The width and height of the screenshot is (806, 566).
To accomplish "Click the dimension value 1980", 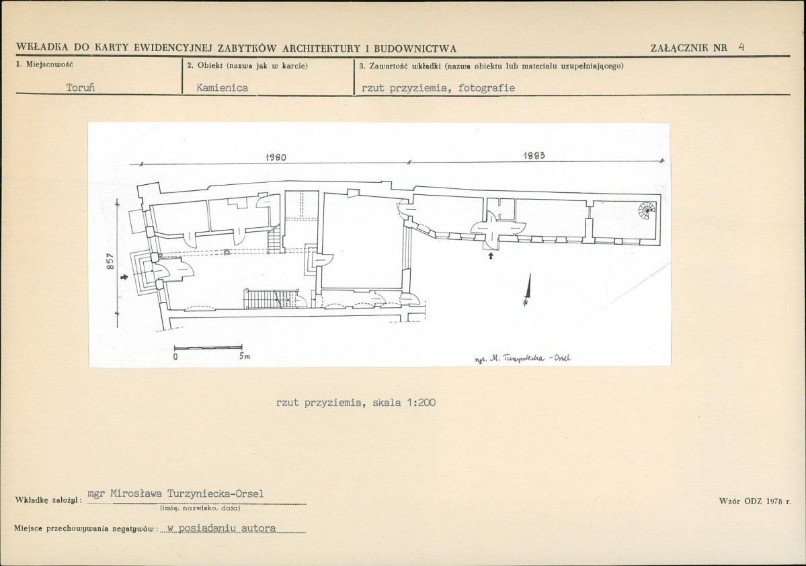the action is coord(276,157).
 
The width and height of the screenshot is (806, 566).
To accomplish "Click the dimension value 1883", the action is coord(534,156).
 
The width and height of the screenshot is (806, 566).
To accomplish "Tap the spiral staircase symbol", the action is coord(647,210).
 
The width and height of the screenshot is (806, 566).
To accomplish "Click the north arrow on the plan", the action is coord(528,290).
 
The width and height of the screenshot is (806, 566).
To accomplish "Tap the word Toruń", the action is coord(81,87).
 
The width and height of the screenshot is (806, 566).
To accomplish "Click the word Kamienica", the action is coord(222,88).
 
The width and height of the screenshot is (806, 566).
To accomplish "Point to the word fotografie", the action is coord(486,88).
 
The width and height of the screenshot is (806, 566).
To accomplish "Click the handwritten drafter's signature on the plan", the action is coord(522,359).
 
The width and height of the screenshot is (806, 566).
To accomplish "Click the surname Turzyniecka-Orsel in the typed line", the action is coord(215,493).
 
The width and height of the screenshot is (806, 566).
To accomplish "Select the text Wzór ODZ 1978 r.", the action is coord(755,501).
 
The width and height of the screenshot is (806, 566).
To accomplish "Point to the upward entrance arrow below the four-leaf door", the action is coord(491,255).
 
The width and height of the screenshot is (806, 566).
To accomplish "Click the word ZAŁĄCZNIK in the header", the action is coord(681,48).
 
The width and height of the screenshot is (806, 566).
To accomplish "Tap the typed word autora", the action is coord(259,528).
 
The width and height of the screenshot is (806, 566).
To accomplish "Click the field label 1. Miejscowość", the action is coord(45,65).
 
